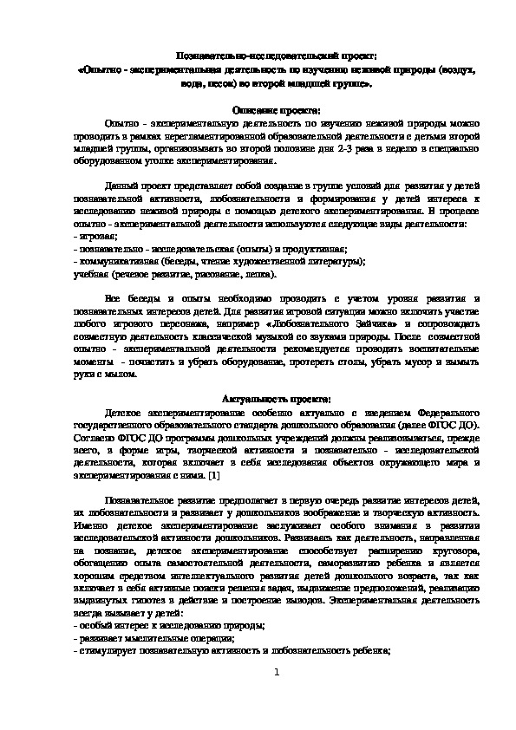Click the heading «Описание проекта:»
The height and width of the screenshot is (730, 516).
[258, 111]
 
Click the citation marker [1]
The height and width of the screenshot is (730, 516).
[213, 476]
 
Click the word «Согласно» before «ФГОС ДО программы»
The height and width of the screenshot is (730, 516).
[95, 438]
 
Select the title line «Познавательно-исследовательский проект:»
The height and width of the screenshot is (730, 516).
[258, 55]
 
